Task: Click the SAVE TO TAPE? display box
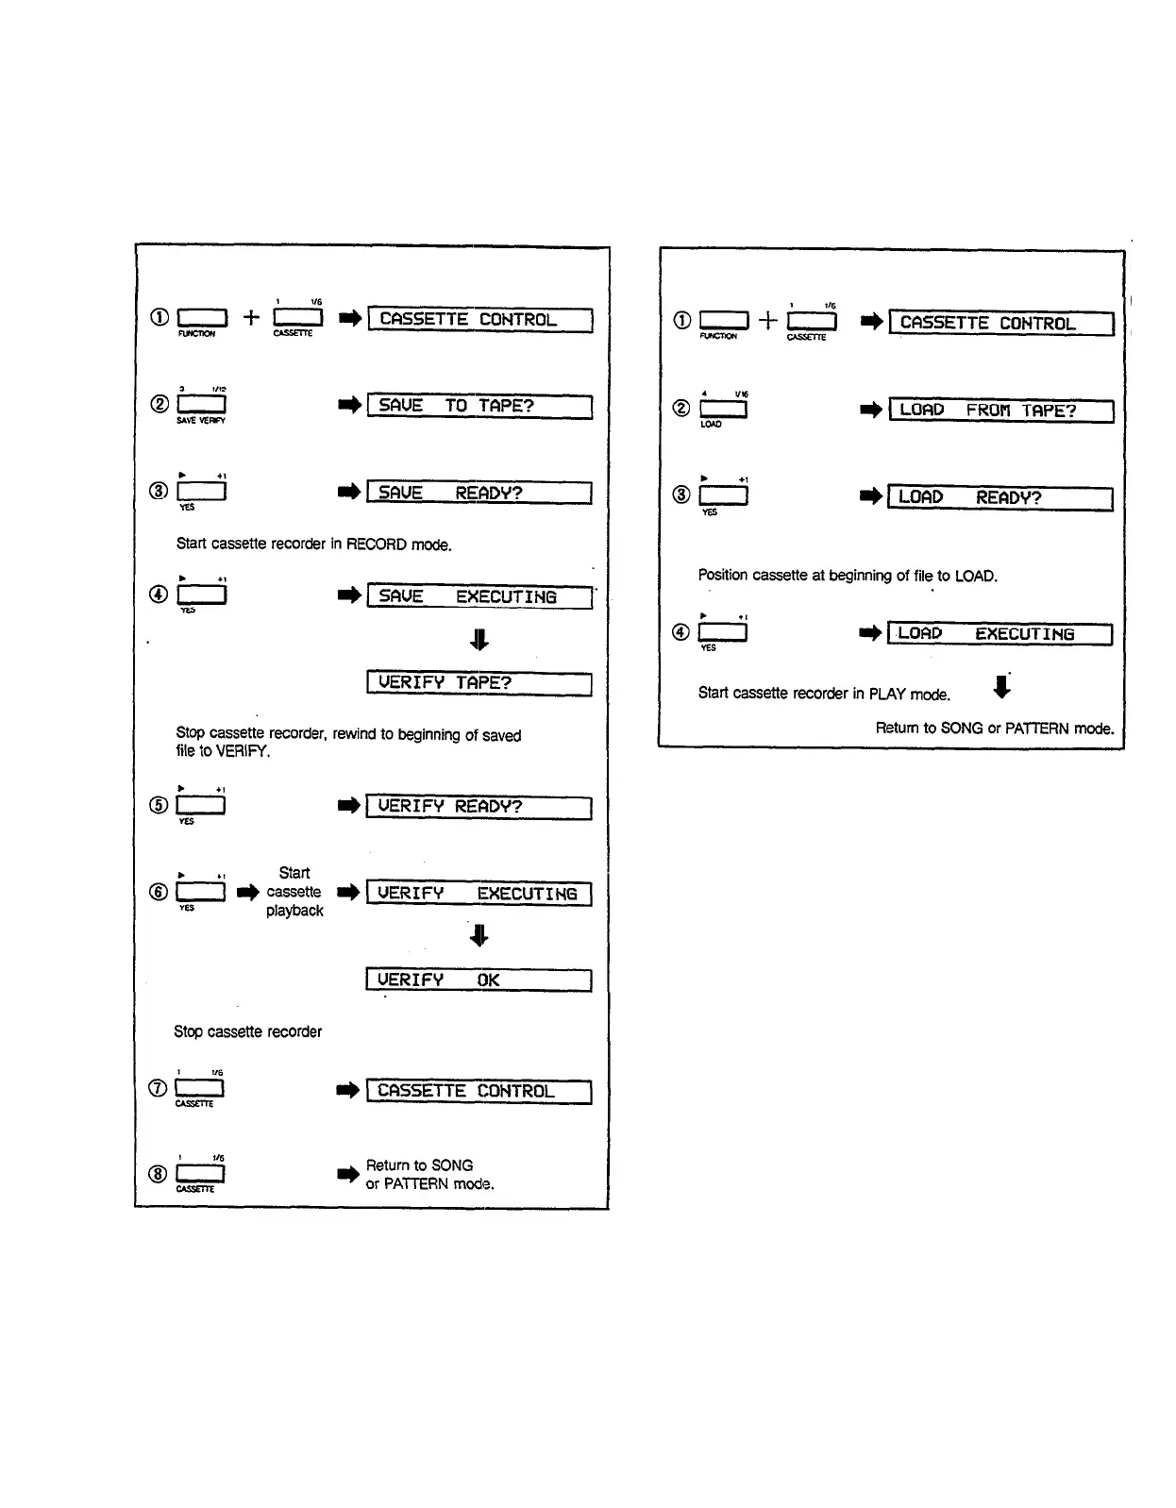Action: (x=479, y=407)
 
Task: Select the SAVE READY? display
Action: (x=479, y=493)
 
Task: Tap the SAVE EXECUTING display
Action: (x=479, y=596)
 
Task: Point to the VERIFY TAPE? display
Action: (x=479, y=683)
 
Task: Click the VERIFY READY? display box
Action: (x=479, y=807)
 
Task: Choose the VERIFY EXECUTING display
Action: (x=479, y=894)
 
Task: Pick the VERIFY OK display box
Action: (x=479, y=980)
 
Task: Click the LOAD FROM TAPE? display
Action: (x=1001, y=411)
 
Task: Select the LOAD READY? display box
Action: (x=1000, y=497)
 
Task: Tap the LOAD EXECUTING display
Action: (x=1000, y=634)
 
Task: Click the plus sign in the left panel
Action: (x=251, y=318)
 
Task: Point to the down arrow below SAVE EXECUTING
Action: (x=479, y=640)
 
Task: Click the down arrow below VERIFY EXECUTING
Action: (x=479, y=935)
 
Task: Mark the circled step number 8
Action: (x=158, y=1174)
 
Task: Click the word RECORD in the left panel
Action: (x=377, y=545)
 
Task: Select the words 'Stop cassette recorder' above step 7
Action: (x=247, y=1032)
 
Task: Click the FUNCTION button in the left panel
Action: (x=202, y=318)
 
